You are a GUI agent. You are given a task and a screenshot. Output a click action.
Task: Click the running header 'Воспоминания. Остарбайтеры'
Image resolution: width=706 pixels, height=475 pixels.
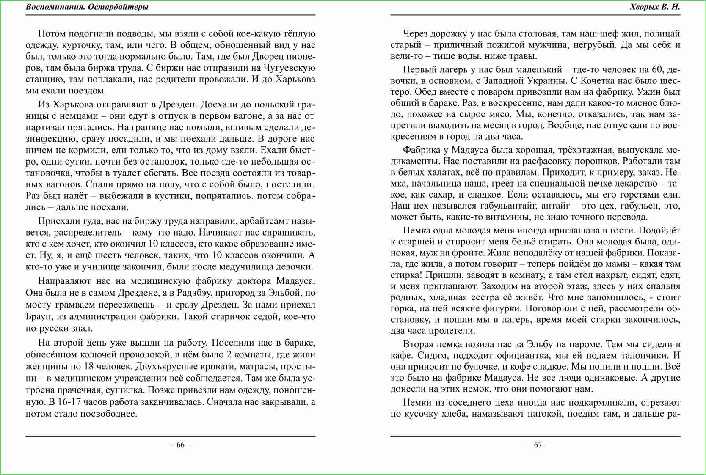[87, 7]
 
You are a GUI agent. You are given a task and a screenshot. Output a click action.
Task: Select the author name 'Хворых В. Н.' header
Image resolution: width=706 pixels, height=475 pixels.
[654, 7]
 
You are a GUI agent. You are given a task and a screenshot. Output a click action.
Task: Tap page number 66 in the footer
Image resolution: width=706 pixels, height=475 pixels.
[180, 445]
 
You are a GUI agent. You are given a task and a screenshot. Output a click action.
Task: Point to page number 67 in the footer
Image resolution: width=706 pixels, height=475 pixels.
[538, 445]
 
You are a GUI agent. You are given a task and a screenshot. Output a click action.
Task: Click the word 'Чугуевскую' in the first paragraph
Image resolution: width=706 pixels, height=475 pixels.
[290, 68]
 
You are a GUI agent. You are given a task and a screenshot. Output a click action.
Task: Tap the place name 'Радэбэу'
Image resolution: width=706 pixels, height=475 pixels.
[195, 293]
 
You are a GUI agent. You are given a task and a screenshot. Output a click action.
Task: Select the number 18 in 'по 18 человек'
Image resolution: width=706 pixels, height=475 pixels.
[94, 366]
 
